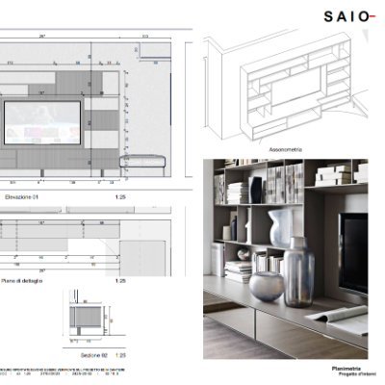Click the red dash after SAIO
pos(372,17)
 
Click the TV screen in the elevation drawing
pos(40,120)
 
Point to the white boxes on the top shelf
pos(334,175)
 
